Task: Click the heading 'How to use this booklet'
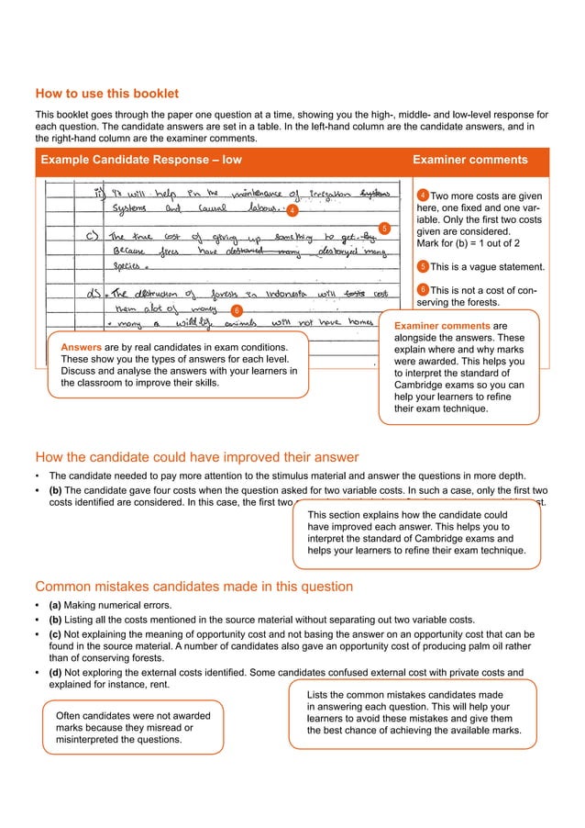(x=106, y=94)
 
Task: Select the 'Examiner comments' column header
(x=470, y=160)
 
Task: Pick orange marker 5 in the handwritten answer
(x=384, y=228)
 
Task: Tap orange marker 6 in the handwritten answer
(x=235, y=310)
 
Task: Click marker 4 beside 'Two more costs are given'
(x=422, y=196)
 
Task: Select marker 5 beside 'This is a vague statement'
(x=422, y=267)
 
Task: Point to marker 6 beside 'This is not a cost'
(x=422, y=291)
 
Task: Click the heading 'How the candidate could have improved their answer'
(x=196, y=457)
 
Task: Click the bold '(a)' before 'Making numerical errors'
(x=55, y=605)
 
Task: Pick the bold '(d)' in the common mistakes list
(x=55, y=672)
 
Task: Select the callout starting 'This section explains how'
(x=416, y=533)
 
